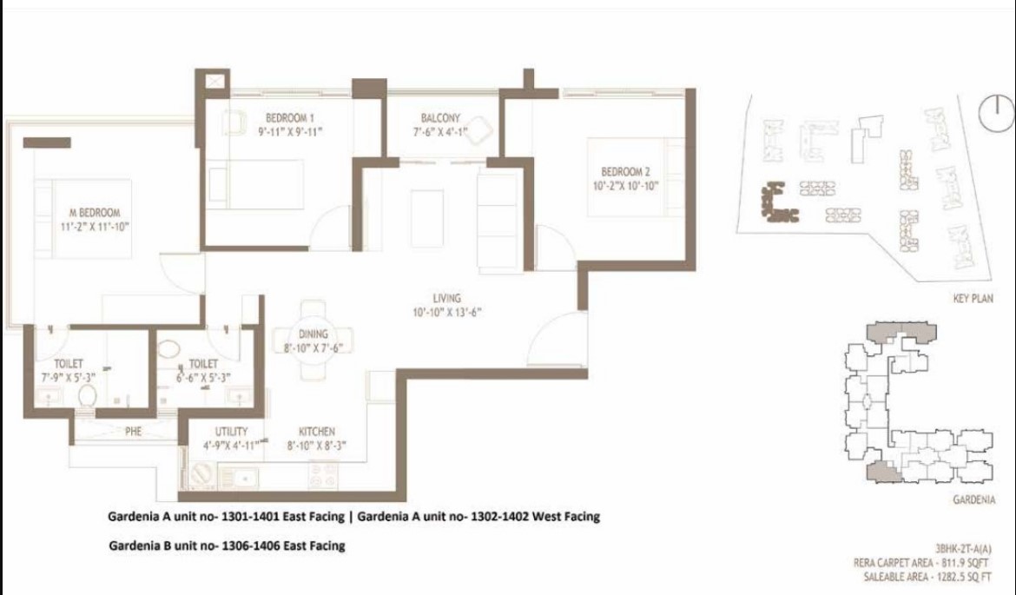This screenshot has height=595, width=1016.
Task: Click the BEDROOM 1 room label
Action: [x=290, y=118]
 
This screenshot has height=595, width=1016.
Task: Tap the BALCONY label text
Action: [x=440, y=118]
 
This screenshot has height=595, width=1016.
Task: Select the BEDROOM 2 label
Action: [x=626, y=172]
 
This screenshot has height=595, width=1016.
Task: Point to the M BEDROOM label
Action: [x=95, y=213]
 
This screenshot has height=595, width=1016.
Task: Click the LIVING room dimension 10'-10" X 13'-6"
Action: [x=447, y=313]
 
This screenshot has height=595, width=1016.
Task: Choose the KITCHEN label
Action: [x=317, y=431]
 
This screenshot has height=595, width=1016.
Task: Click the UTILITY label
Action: [x=231, y=431]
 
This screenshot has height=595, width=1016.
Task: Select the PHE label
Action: [x=133, y=431]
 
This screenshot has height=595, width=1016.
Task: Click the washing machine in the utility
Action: [x=203, y=476]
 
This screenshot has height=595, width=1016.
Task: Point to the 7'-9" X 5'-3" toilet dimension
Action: [x=69, y=378]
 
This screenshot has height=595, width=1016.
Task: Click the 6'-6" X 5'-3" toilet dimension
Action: [x=203, y=378]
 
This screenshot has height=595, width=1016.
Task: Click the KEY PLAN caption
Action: [x=973, y=299]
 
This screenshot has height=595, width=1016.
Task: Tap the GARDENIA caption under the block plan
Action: [x=973, y=499]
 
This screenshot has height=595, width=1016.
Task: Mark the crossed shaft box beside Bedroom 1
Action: [x=215, y=81]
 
